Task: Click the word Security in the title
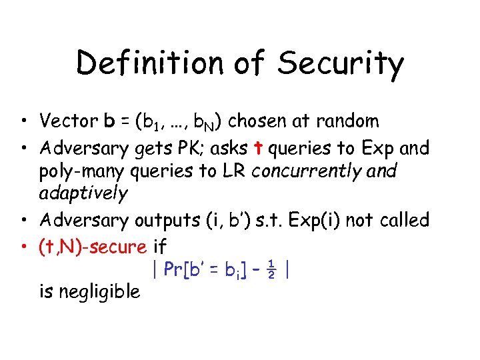[x=341, y=65]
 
